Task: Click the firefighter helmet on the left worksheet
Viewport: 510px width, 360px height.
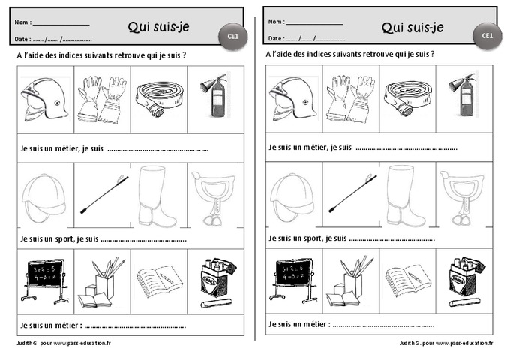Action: coord(44,100)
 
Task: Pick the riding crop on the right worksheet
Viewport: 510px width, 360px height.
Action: coord(350,194)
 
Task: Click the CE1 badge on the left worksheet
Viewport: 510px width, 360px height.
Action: coord(233,35)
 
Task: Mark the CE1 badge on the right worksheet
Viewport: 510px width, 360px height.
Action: coord(487,35)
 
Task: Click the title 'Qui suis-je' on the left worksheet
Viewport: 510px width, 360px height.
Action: coord(159,28)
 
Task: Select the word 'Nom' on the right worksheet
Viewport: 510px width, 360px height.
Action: coord(275,22)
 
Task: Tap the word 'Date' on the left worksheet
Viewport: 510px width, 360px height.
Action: coord(22,38)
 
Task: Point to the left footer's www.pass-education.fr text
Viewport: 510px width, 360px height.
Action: coord(82,343)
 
